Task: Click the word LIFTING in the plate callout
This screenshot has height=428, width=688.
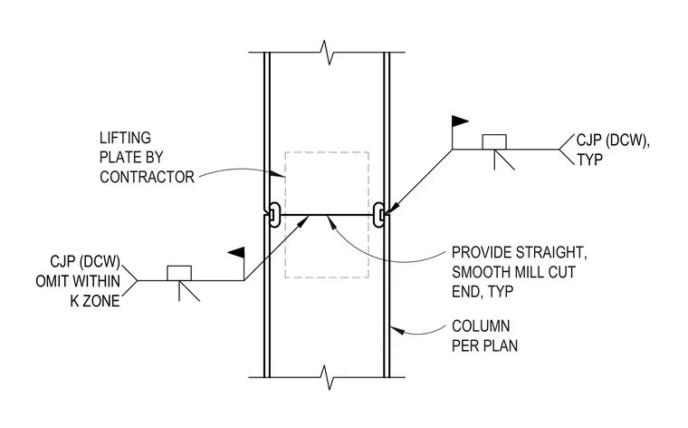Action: coord(125,138)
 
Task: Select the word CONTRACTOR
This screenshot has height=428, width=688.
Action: coord(147,177)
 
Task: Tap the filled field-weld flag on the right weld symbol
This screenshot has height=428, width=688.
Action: coord(460,122)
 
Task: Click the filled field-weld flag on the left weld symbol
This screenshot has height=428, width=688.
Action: coord(236,253)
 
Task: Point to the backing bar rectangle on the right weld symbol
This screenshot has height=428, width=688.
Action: coord(494,142)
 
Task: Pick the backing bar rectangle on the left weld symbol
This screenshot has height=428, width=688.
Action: coord(179,273)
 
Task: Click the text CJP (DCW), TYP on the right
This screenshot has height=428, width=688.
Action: coord(613,150)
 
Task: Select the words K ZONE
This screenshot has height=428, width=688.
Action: coord(95,301)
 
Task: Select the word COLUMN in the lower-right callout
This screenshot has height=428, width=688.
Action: coord(481,326)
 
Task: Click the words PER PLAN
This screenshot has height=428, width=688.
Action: coord(485,345)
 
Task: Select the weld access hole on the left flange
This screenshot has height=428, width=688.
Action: coord(274,215)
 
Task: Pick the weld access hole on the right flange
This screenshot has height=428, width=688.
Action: coord(378,215)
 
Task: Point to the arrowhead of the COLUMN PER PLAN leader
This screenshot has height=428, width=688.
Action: coord(396,329)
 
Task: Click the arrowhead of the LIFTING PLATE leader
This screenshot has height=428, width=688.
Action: coord(279,174)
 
